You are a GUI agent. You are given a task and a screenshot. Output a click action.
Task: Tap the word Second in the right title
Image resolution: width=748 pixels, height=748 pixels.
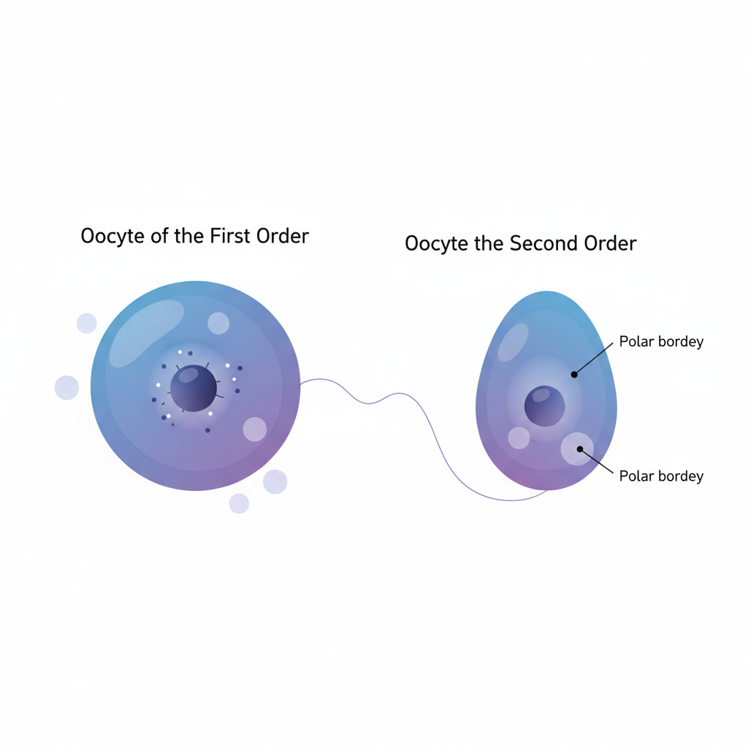(x=543, y=243)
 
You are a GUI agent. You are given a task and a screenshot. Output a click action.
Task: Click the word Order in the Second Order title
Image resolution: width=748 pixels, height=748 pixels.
(x=610, y=243)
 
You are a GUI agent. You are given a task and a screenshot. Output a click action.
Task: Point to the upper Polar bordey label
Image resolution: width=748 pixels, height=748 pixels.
(x=661, y=342)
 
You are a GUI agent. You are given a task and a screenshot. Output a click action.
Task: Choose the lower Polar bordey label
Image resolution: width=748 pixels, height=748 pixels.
(x=661, y=476)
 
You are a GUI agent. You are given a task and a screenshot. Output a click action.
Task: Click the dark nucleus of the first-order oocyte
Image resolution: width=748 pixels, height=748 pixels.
(x=194, y=388)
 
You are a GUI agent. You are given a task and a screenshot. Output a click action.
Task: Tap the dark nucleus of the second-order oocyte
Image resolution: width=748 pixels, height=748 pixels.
(x=544, y=406)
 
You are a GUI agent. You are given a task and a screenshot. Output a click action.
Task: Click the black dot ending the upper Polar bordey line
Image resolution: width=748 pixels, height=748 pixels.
(x=574, y=375)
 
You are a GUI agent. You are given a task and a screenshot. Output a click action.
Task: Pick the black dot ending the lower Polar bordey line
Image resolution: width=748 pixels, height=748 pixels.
(x=580, y=449)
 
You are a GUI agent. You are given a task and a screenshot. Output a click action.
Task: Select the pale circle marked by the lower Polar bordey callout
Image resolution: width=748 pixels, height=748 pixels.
(x=577, y=449)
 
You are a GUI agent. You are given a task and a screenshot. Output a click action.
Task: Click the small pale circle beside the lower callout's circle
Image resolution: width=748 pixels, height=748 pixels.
(x=519, y=438)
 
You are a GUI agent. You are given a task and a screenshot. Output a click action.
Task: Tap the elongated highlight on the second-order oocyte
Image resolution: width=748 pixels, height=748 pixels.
(x=513, y=342)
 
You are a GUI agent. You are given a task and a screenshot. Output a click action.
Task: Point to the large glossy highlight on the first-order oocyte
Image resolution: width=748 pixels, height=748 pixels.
(x=146, y=333)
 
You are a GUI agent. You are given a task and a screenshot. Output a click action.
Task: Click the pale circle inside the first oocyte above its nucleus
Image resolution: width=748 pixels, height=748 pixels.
(x=218, y=324)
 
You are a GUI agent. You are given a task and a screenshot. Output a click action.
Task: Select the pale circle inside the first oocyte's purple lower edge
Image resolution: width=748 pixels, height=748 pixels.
(x=255, y=429)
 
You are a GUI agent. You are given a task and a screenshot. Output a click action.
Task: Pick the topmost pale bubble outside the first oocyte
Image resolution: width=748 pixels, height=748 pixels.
(x=87, y=324)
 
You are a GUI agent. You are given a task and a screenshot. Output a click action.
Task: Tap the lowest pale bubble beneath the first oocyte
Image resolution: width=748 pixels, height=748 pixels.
(x=239, y=503)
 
